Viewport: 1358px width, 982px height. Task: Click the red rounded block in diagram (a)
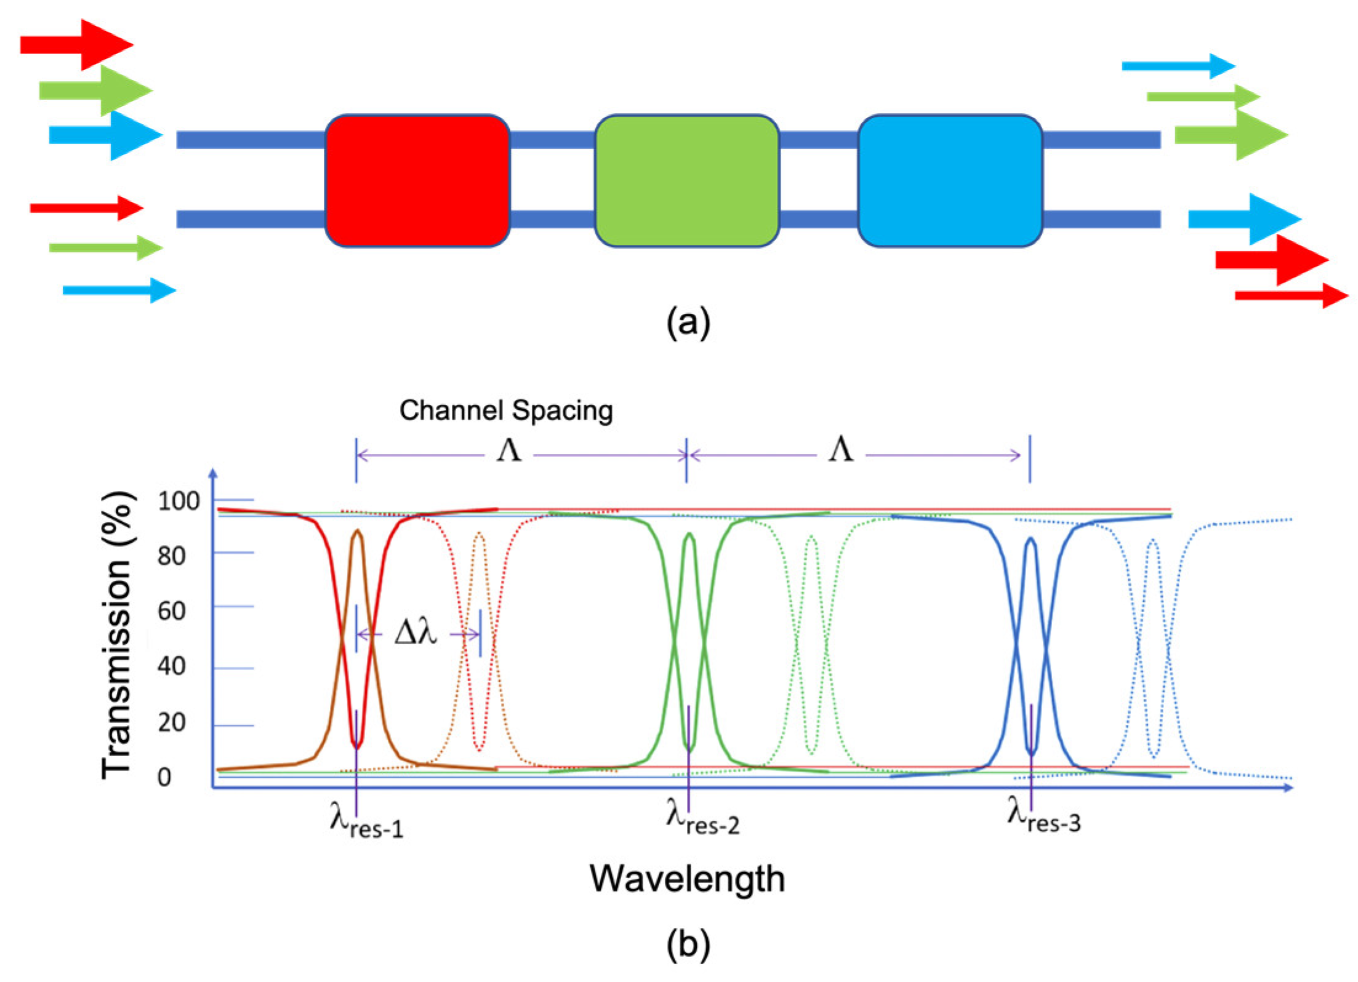point(417,180)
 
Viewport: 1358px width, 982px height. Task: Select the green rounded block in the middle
point(686,180)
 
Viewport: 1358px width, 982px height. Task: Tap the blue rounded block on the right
point(949,180)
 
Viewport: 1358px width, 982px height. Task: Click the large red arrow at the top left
point(77,44)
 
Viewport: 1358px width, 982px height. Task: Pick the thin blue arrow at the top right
point(1177,66)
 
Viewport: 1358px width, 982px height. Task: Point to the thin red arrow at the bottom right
point(1290,296)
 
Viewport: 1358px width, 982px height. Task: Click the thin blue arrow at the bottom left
point(119,290)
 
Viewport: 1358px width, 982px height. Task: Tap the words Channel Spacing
point(506,410)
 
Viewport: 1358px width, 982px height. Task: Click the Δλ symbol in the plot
point(416,632)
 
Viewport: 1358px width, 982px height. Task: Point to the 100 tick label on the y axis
point(179,501)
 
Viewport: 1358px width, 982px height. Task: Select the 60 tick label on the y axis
point(171,611)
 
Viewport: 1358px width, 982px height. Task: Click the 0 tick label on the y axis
point(164,777)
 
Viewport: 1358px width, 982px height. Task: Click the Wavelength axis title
point(687,878)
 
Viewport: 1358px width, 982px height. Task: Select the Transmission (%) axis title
point(117,635)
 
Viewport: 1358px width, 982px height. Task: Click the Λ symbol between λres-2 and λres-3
point(840,450)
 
